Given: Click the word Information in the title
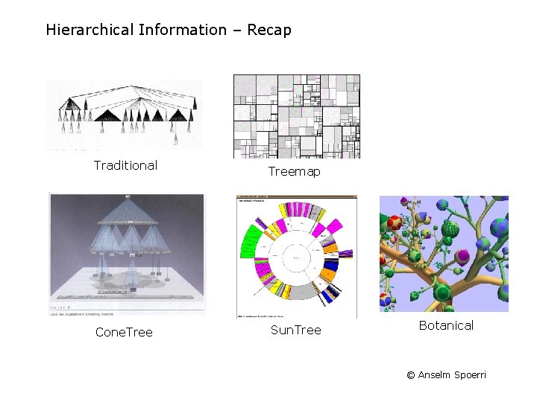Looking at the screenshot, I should [x=182, y=31].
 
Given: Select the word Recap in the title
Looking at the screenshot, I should [x=268, y=31].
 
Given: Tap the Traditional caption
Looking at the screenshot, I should [x=125, y=165].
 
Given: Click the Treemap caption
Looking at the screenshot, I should [x=295, y=172].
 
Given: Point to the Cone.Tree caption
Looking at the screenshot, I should [x=124, y=332].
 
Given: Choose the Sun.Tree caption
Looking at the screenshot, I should [x=295, y=330].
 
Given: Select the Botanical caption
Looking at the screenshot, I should [x=446, y=325].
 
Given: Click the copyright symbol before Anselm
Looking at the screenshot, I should [x=411, y=375].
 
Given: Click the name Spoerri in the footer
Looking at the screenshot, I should [x=470, y=375].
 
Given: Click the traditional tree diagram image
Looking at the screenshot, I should [x=125, y=115].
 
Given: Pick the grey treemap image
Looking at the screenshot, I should [x=297, y=116].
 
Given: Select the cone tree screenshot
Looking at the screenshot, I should [x=126, y=254].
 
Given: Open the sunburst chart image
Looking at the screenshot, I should [x=296, y=257].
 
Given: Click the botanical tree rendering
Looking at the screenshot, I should [x=444, y=254].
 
